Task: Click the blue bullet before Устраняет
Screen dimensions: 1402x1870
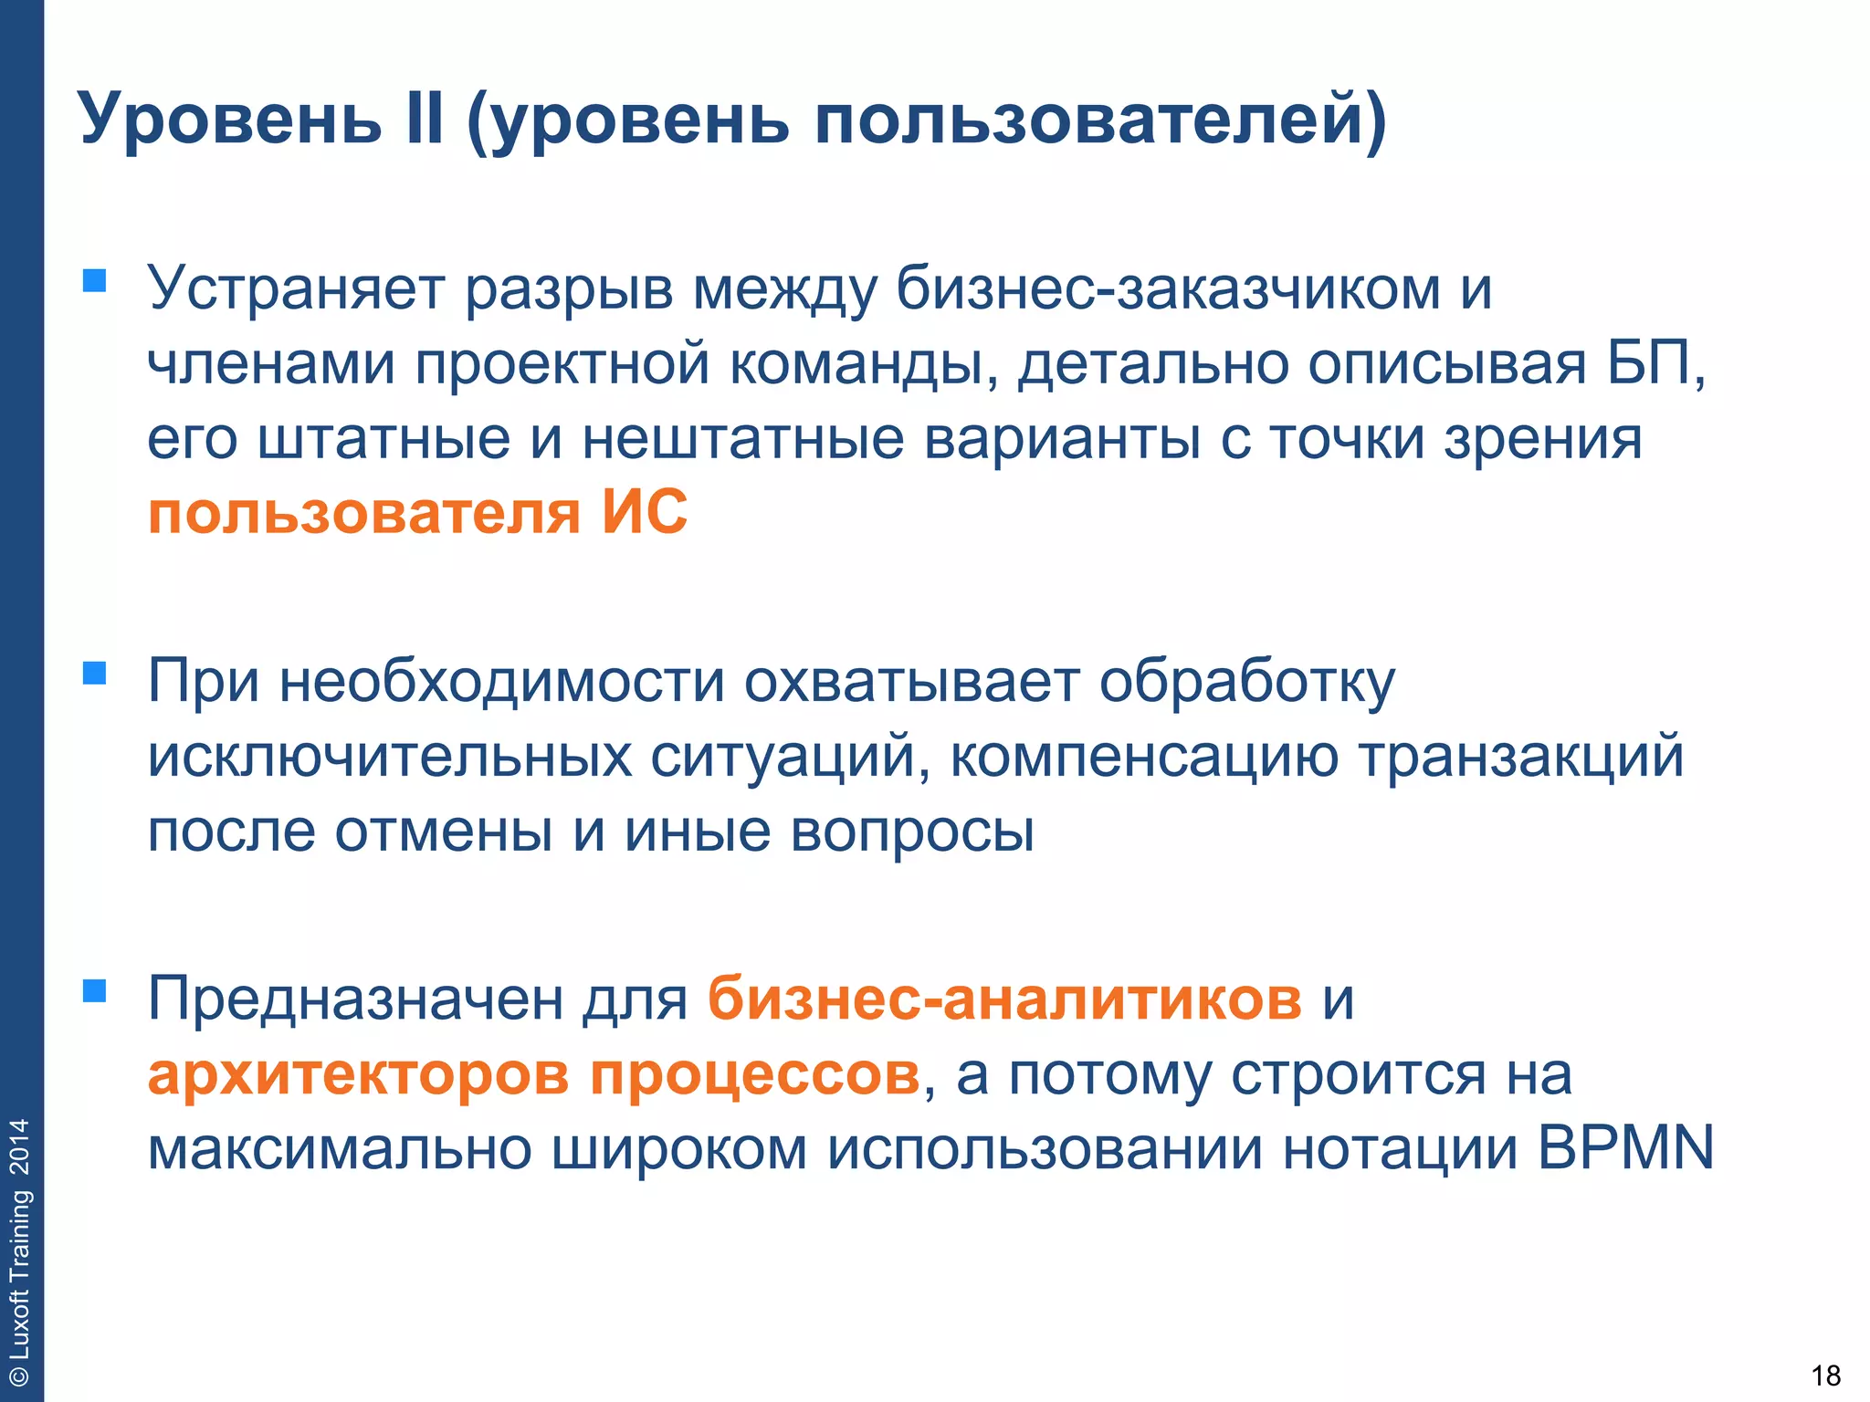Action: pos(94,279)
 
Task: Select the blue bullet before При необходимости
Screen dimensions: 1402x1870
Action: pos(94,673)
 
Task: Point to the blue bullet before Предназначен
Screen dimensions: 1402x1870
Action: pos(94,990)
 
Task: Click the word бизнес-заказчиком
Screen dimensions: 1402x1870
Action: pos(1168,288)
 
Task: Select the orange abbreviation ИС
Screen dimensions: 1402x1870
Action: pos(645,512)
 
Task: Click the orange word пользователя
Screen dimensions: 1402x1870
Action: pos(364,514)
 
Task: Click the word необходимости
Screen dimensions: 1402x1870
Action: pos(501,682)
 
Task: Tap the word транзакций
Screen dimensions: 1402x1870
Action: pos(1521,757)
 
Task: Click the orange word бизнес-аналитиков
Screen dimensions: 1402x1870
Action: pos(1004,999)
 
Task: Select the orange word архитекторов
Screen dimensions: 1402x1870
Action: pos(359,1074)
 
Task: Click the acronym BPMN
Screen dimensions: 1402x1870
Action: pos(1625,1148)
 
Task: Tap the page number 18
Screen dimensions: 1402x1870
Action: pos(1825,1375)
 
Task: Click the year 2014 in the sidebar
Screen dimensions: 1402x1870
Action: pos(20,1146)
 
